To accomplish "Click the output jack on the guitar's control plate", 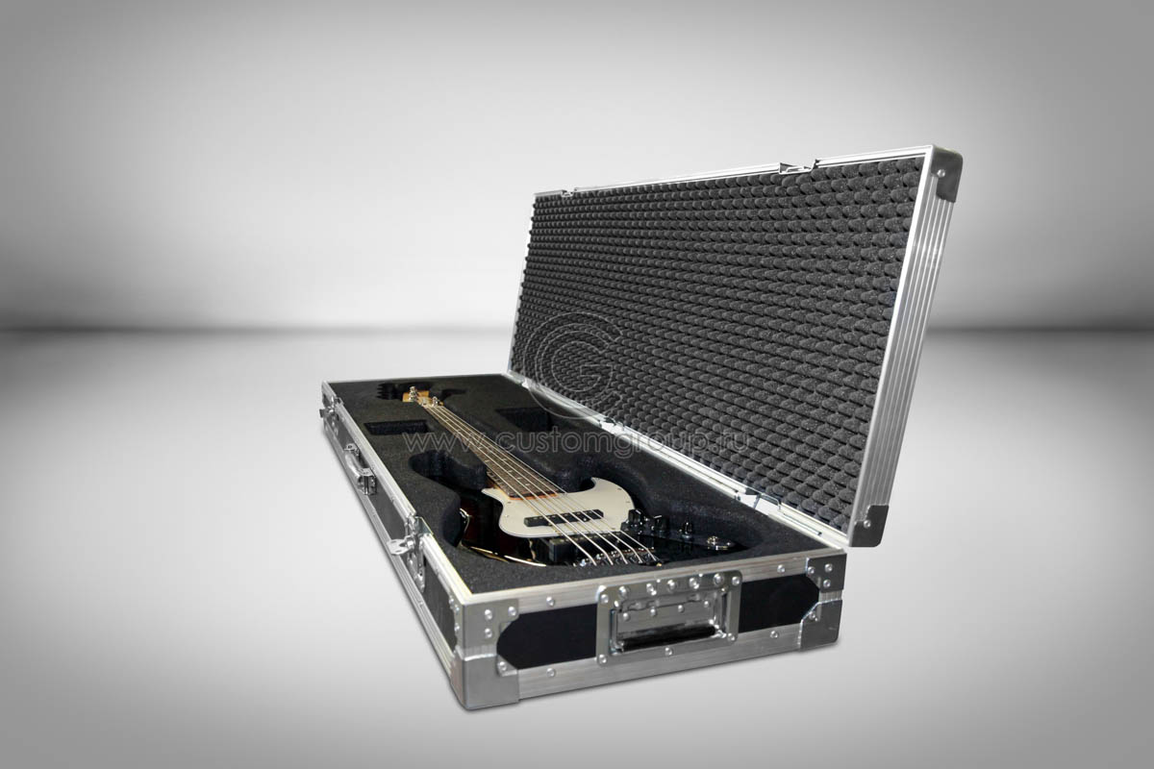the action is [713, 541].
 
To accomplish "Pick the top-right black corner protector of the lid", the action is [947, 174].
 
